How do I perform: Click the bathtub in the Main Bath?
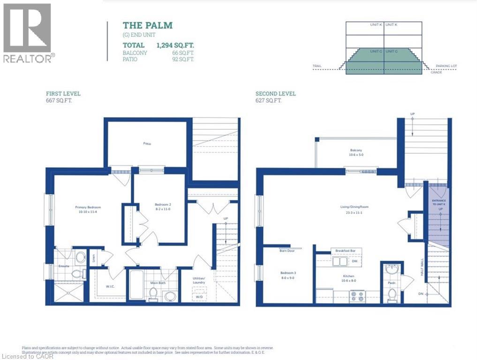(x=137, y=285)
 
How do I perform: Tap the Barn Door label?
(x=280, y=251)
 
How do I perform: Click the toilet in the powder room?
(x=392, y=294)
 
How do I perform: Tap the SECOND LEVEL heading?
(x=276, y=94)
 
